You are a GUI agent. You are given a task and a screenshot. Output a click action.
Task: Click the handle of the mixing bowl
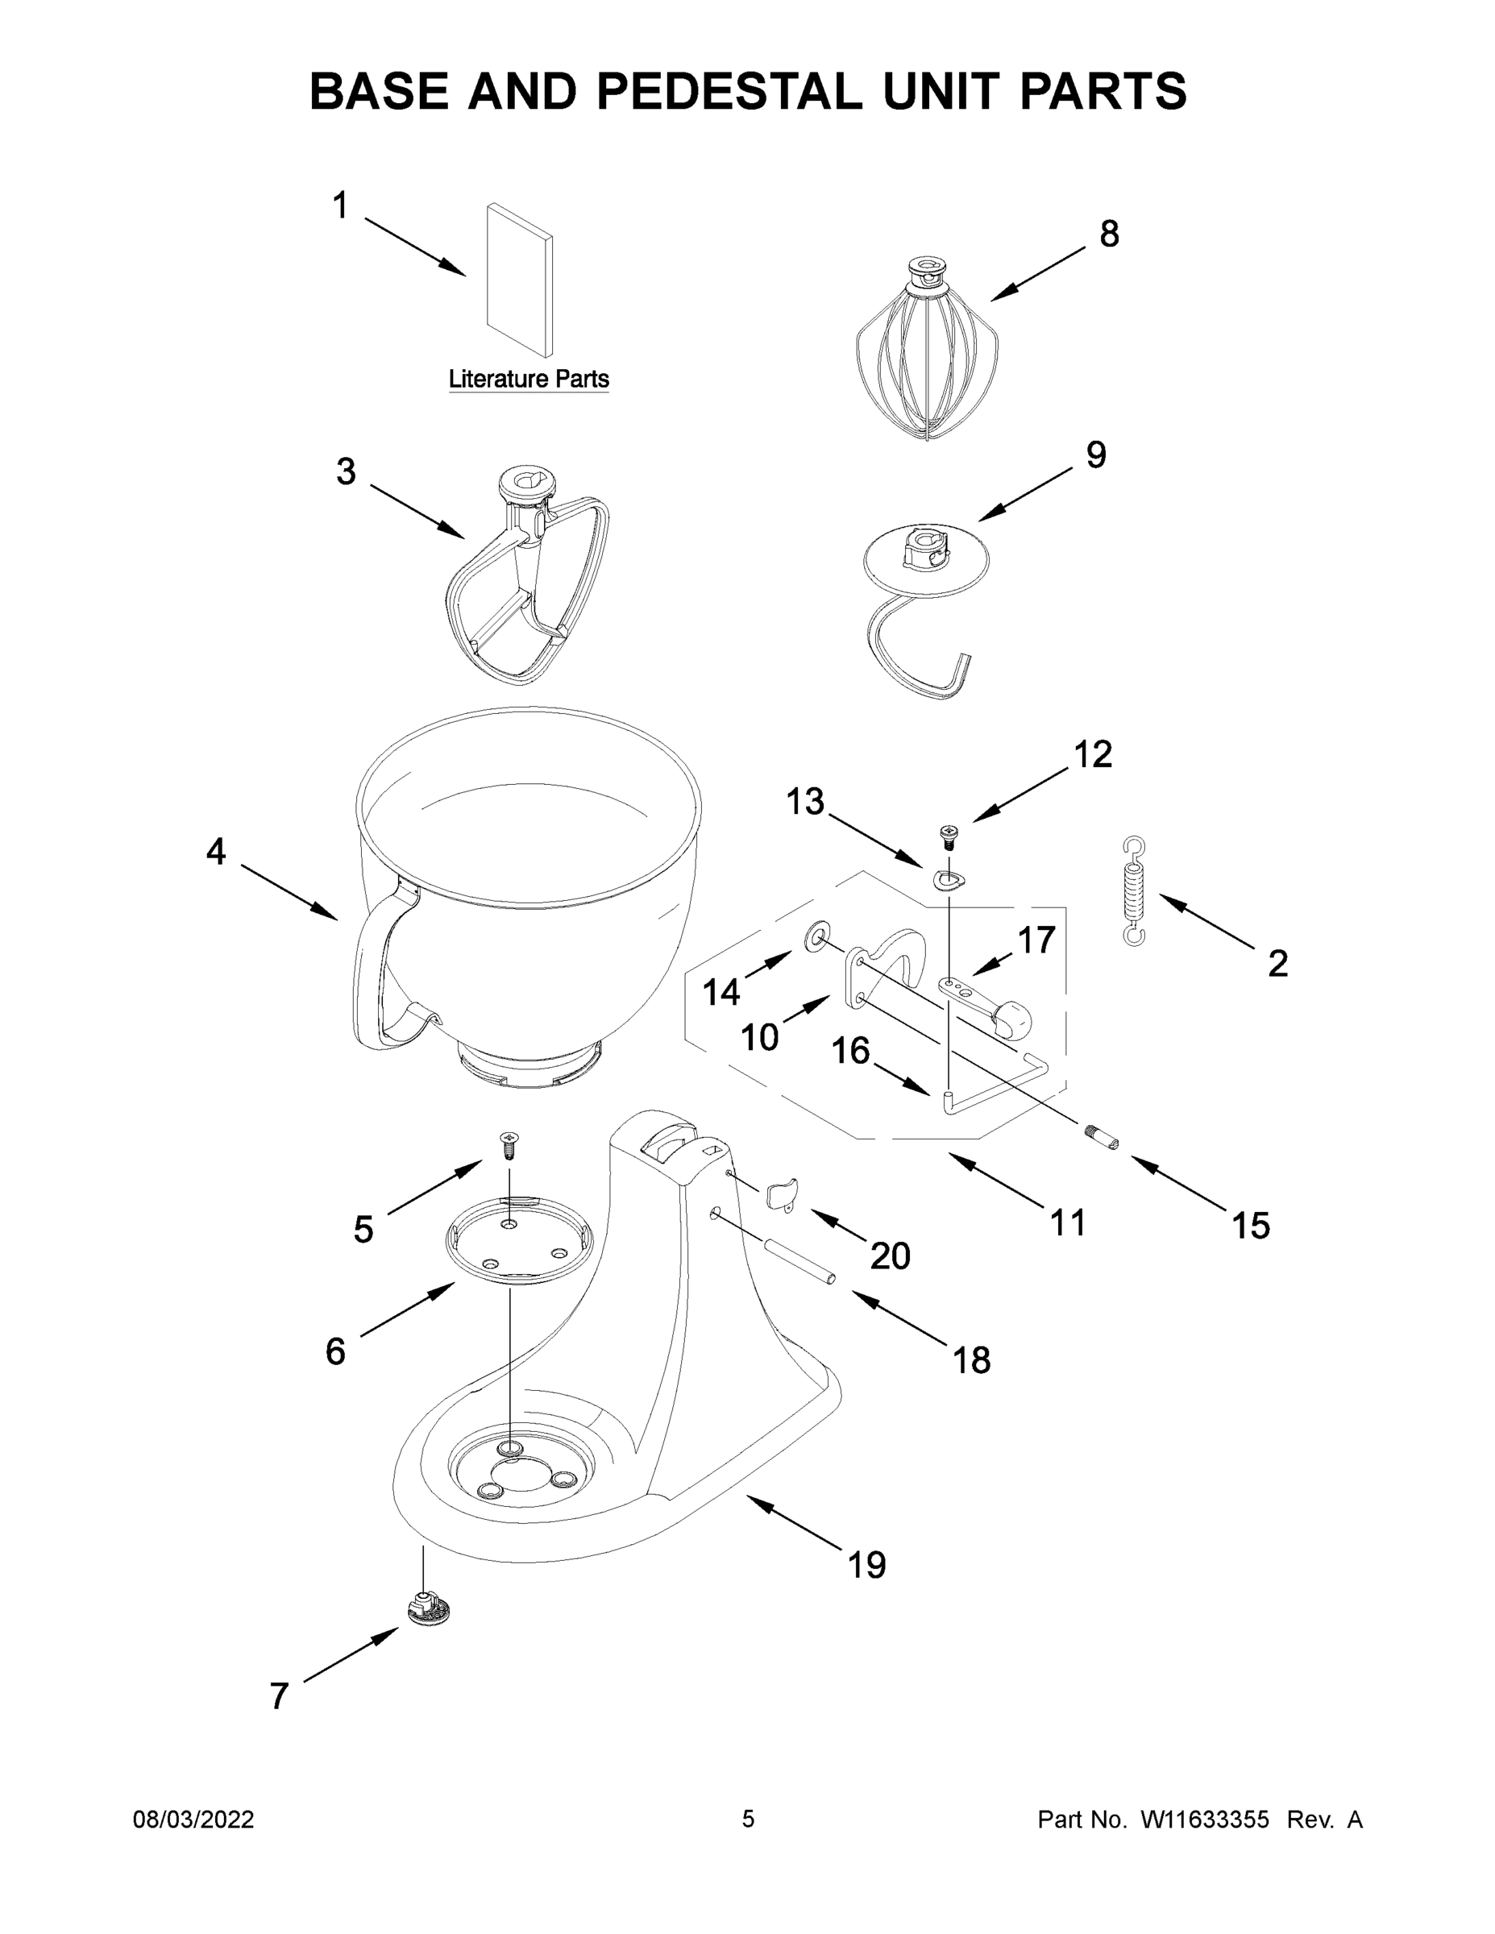[372, 974]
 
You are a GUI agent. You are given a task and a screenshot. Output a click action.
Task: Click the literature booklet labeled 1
[519, 280]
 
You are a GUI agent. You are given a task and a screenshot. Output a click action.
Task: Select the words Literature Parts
[529, 379]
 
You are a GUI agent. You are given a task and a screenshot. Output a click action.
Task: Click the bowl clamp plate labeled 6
[518, 1239]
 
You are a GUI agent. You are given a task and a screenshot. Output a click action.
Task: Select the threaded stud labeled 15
[1101, 1137]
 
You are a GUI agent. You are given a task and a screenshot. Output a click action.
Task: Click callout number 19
[866, 1565]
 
